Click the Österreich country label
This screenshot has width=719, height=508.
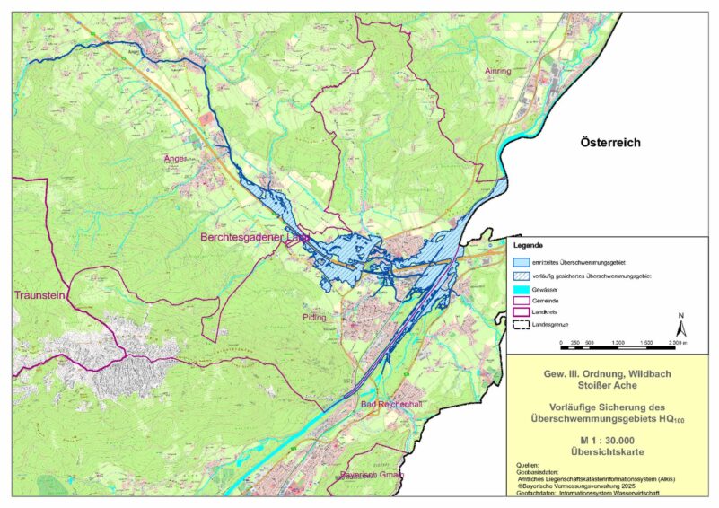click(613, 143)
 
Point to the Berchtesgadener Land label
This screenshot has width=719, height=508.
click(255, 238)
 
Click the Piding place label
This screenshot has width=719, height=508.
click(315, 317)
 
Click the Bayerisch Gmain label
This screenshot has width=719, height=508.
click(373, 474)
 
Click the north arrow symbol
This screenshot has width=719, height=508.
click(681, 324)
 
